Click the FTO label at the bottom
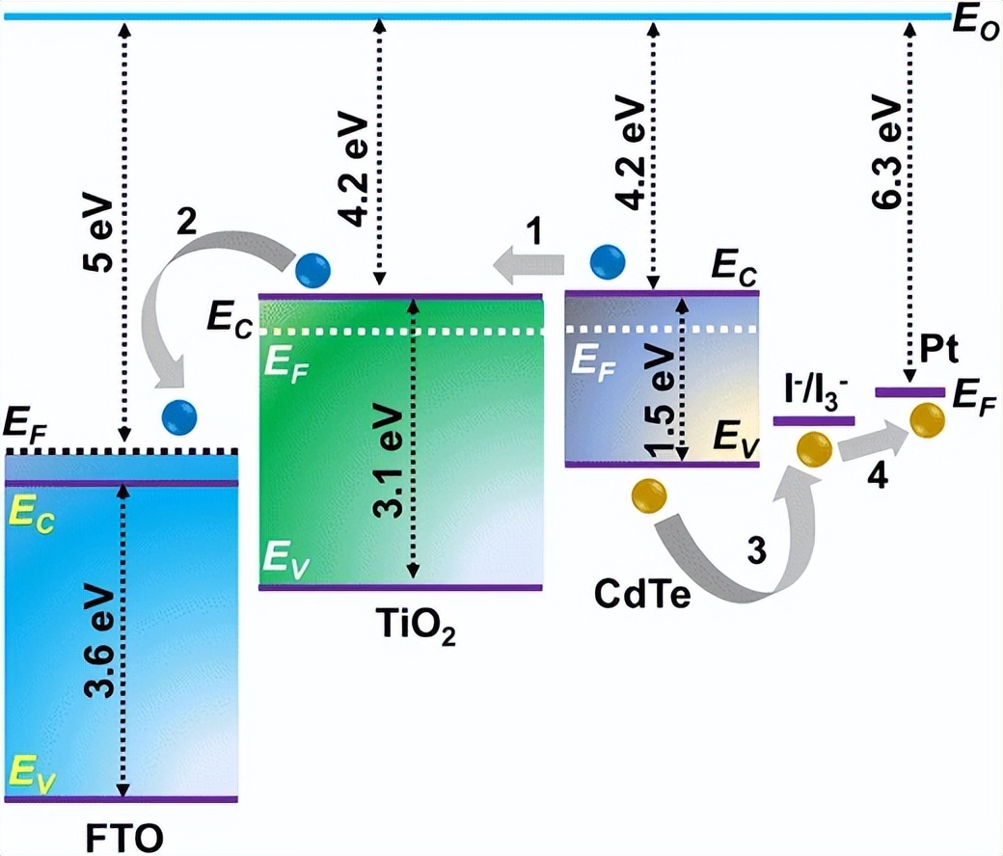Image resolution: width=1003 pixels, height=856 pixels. (120, 832)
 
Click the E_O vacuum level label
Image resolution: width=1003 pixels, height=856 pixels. (975, 24)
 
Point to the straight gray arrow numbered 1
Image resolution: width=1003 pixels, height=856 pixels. (529, 259)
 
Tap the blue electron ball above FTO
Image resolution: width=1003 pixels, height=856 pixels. (179, 415)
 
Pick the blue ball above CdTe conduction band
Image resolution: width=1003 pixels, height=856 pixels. (607, 260)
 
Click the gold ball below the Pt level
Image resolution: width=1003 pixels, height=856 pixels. (926, 419)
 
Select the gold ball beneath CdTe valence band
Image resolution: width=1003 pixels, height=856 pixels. (647, 495)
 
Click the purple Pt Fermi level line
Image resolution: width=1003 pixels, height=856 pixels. (909, 391)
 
